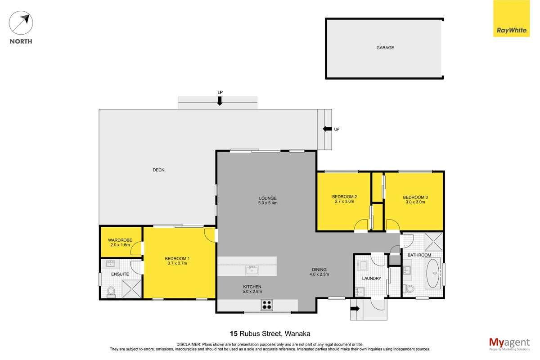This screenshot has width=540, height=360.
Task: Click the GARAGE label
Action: click(385, 48)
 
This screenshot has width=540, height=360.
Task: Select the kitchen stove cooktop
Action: click(266, 305)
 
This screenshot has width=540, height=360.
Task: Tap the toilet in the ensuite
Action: click(111, 292)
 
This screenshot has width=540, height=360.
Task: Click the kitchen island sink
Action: click(252, 270)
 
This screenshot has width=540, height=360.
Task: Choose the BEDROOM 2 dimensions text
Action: click(345, 201)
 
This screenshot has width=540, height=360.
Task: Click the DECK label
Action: click(158, 170)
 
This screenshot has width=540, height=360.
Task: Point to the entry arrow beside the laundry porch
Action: click(355, 309)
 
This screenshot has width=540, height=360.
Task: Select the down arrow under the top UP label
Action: click(220, 101)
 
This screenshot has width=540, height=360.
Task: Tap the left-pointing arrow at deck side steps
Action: click(328, 129)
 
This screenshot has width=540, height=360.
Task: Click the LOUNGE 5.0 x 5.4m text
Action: click(268, 201)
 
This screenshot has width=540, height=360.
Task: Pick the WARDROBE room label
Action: click(120, 240)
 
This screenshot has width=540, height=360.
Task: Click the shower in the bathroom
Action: click(433, 242)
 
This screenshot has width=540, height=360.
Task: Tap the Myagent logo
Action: click(509, 344)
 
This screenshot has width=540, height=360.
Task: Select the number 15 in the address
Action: click(234, 334)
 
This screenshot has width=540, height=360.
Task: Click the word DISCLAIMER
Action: click(189, 345)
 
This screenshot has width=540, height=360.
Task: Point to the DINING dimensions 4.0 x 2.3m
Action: click(319, 274)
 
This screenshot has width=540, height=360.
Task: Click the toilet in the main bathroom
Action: click(409, 288)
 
